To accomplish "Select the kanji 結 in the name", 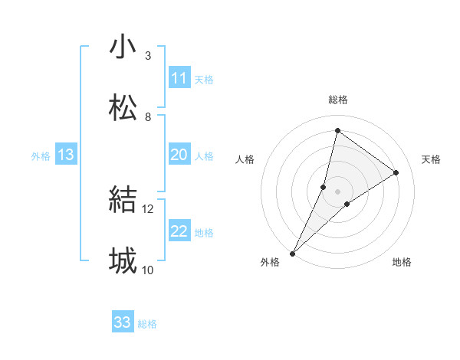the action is (x=123, y=200).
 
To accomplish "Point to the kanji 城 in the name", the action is (x=123, y=260).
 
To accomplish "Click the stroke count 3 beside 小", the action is (x=148, y=56).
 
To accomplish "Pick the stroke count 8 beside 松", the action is (x=148, y=116).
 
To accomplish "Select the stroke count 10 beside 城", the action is (x=148, y=270).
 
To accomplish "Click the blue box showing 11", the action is (x=179, y=78).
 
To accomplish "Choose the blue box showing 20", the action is (x=179, y=155).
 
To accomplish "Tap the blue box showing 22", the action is (x=179, y=231).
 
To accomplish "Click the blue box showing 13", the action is (x=66, y=155).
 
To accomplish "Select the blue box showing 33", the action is (x=123, y=322).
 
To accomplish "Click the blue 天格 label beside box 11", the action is (x=204, y=79).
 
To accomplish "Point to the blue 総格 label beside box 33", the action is (x=147, y=324).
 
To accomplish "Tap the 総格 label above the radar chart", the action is (x=337, y=100).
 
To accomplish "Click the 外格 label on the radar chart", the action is (x=270, y=263).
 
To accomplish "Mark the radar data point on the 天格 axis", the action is (x=396, y=173).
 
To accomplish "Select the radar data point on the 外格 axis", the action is (x=292, y=253).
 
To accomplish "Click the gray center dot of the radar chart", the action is (x=338, y=191).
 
